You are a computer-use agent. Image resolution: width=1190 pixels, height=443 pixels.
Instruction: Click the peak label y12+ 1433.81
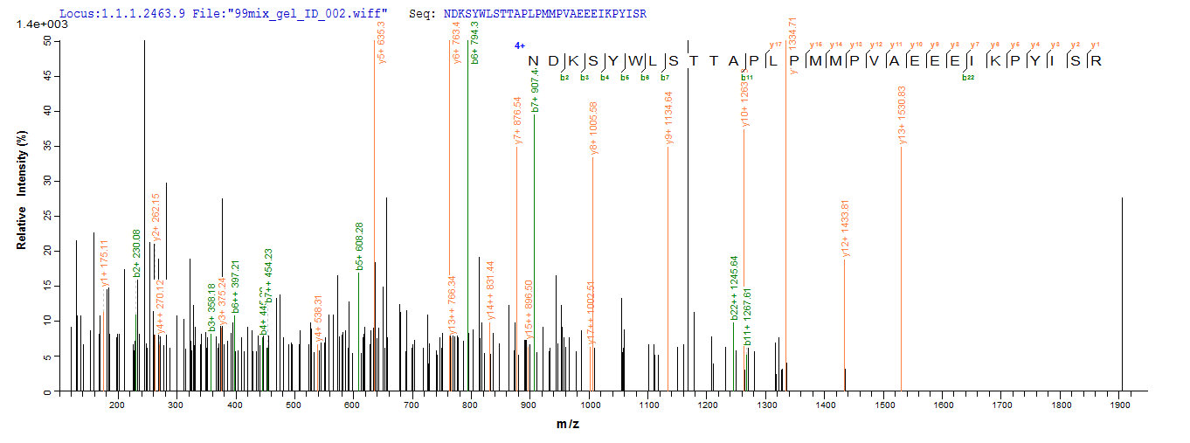[845, 229]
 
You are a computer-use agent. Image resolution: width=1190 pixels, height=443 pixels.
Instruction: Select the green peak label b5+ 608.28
[360, 246]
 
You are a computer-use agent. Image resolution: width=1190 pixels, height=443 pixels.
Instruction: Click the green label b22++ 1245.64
[735, 287]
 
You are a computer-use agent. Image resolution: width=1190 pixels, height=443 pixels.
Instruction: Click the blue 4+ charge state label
[520, 45]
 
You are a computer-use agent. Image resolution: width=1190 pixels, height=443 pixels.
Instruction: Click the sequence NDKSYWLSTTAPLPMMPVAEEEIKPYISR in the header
[545, 15]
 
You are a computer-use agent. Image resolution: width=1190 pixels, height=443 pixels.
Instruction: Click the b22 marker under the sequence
[968, 78]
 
